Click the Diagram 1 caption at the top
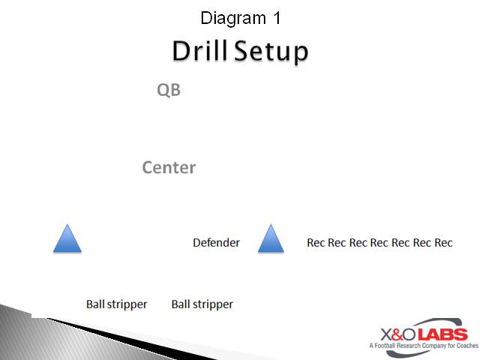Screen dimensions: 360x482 (x=241, y=18)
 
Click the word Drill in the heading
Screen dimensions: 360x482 (x=199, y=51)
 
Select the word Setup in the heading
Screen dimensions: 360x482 (x=271, y=52)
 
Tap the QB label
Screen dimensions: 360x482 (x=169, y=90)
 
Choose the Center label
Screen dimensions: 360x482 (x=169, y=167)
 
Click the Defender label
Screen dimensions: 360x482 (x=216, y=242)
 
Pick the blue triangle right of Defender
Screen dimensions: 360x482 (x=271, y=238)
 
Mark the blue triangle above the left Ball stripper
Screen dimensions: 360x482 (x=67, y=238)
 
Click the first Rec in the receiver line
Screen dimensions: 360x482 (x=316, y=242)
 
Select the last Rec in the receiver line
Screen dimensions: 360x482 (x=443, y=242)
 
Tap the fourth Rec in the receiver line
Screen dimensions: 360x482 (x=379, y=242)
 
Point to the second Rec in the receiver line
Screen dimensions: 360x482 (x=337, y=242)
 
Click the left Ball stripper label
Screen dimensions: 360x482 (x=116, y=304)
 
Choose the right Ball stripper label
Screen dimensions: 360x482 (x=202, y=304)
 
